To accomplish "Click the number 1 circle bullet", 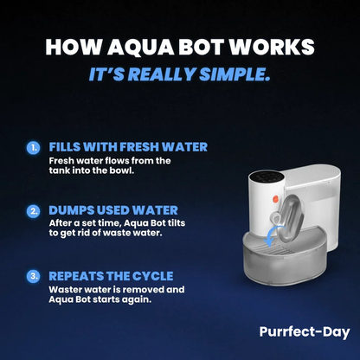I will tap(34, 148).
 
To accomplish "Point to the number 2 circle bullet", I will tap(34, 209).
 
